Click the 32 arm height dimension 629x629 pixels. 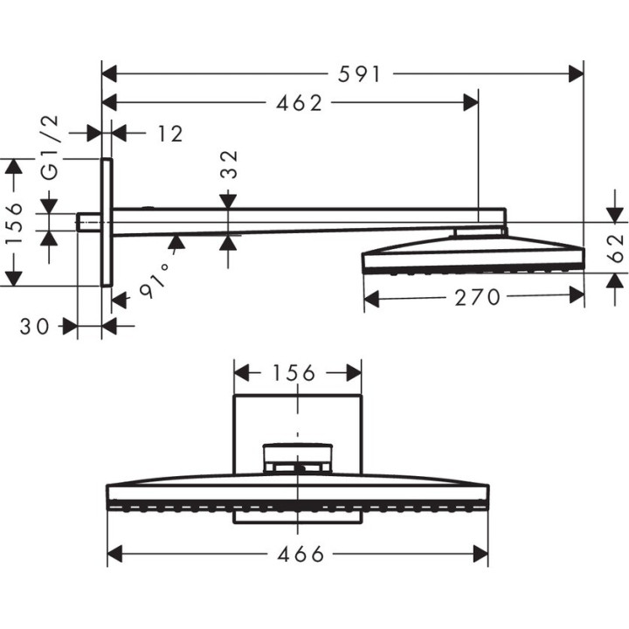(x=229, y=165)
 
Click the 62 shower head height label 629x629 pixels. (x=615, y=248)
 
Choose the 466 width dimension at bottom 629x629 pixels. (x=298, y=554)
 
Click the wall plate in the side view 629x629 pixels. (x=107, y=222)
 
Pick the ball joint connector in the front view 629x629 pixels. (x=298, y=457)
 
